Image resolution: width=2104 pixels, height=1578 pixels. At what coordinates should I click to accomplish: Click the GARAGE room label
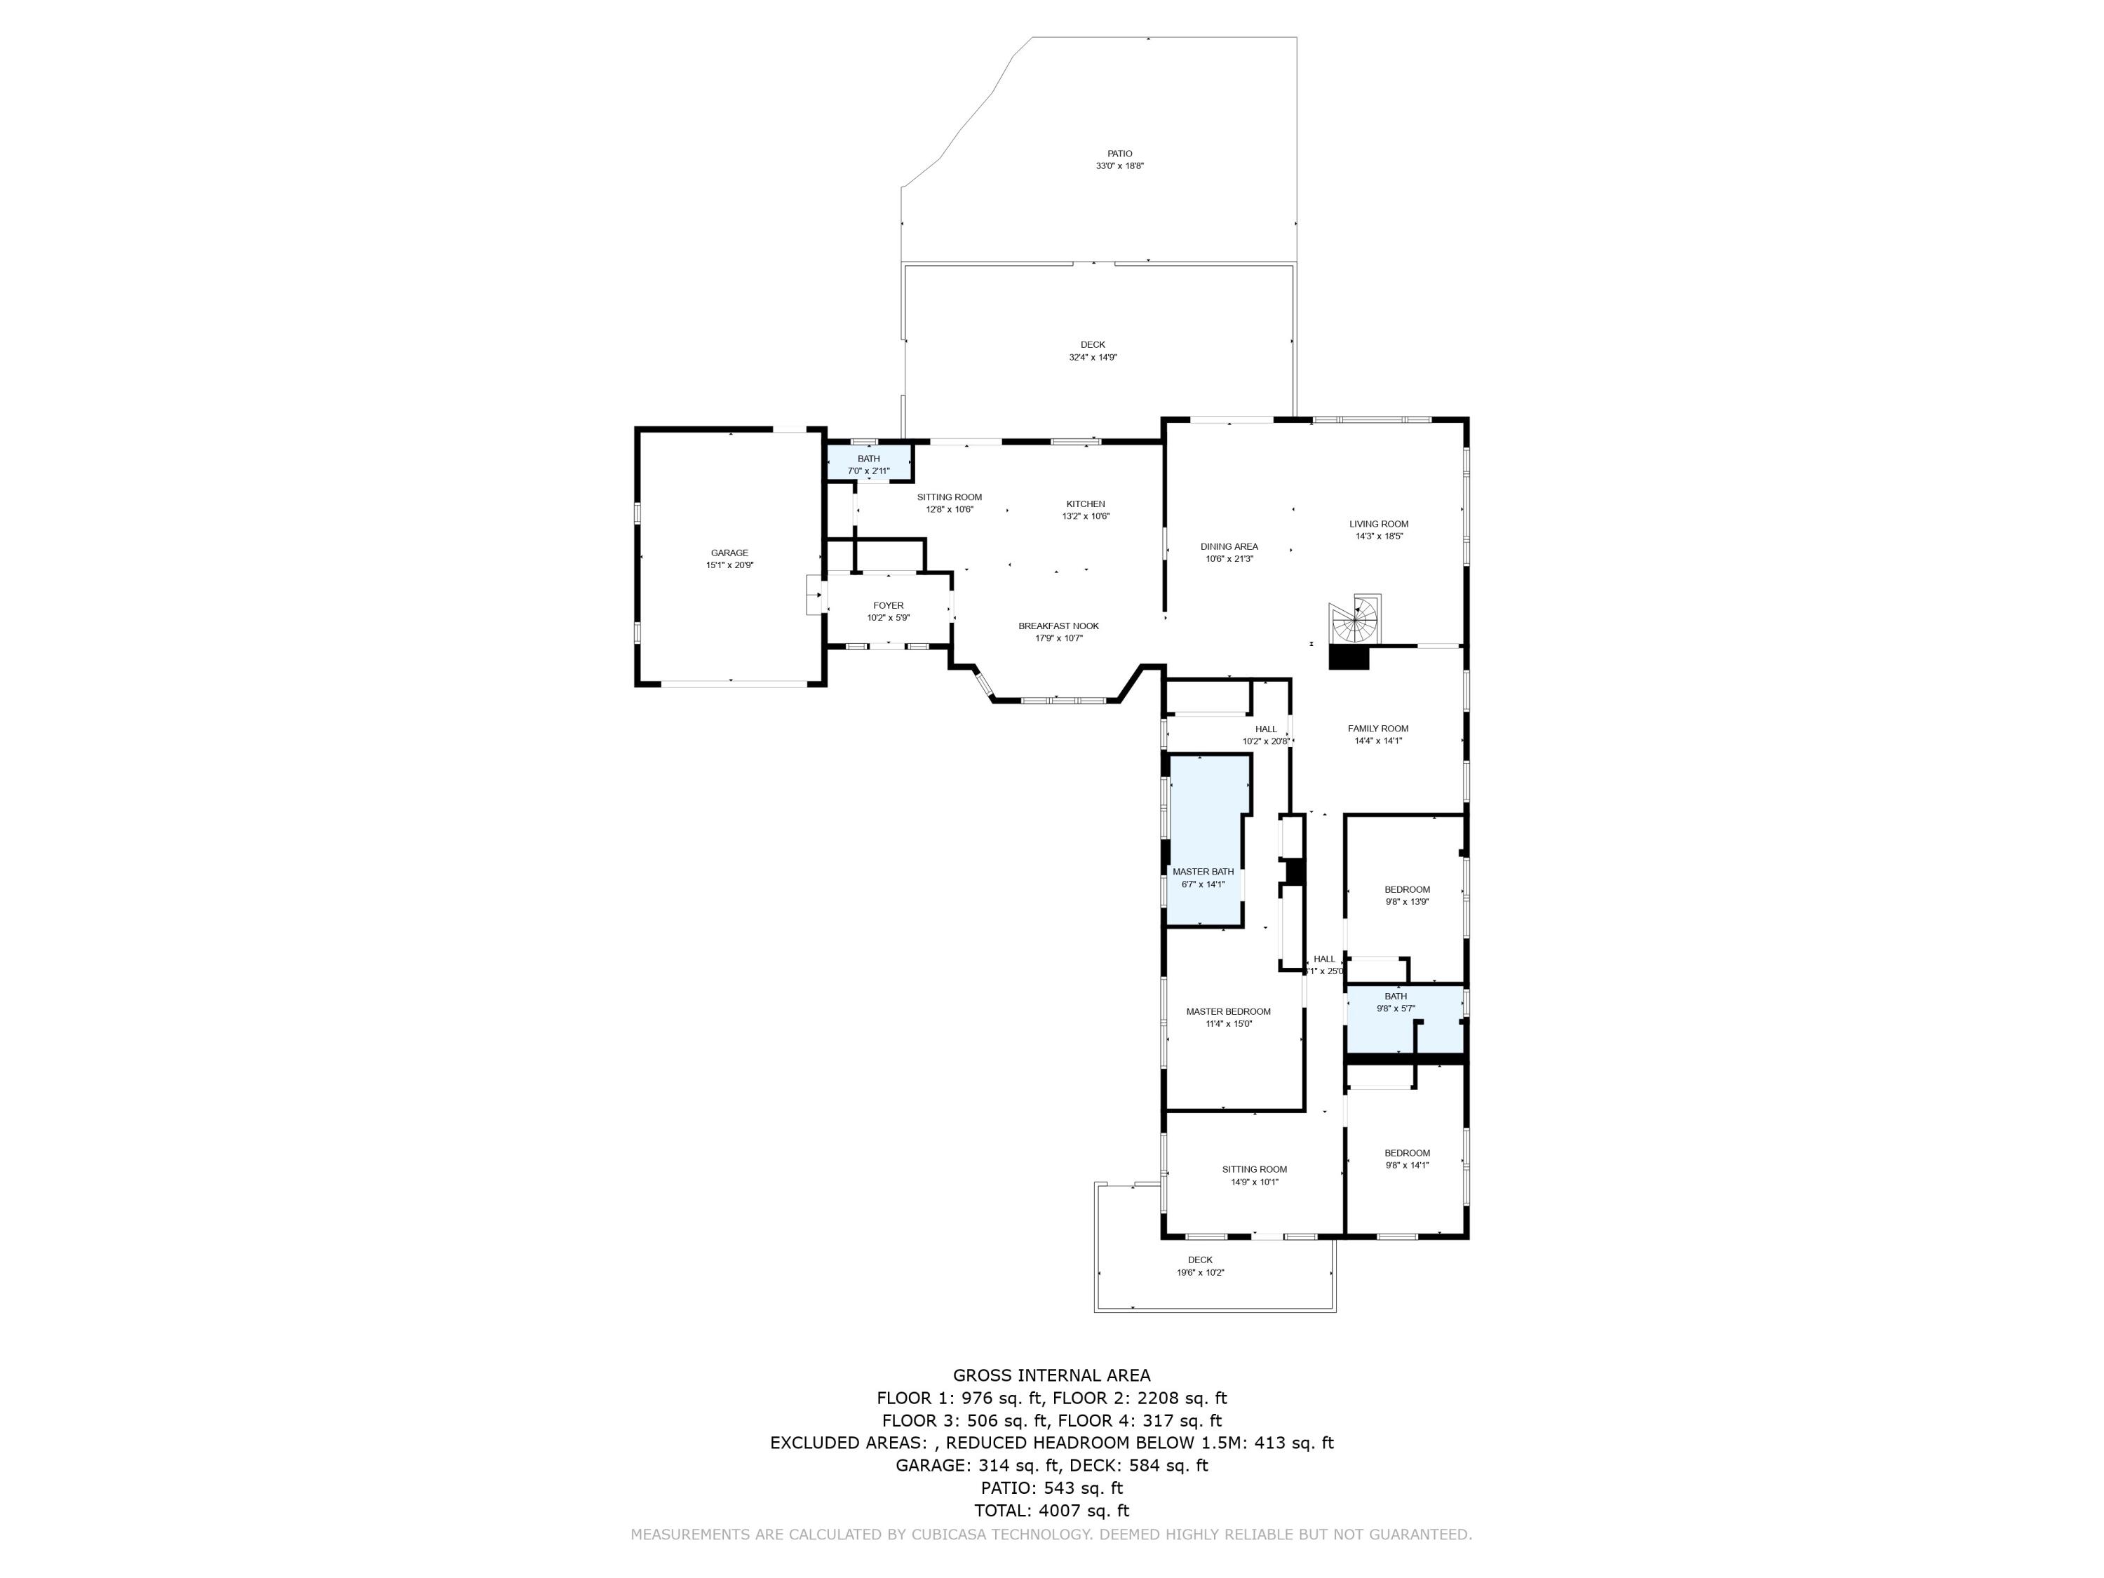point(729,553)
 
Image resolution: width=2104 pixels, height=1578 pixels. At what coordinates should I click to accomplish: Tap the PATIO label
point(1119,153)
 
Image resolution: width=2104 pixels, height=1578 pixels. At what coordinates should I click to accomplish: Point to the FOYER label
point(889,605)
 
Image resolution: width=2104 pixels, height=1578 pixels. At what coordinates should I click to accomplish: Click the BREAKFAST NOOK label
point(1058,626)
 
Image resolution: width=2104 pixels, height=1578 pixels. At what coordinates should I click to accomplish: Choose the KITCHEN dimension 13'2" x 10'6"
point(1085,516)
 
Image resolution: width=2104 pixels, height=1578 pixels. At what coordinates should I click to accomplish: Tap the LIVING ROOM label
point(1378,524)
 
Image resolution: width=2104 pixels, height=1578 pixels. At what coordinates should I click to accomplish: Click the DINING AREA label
point(1229,547)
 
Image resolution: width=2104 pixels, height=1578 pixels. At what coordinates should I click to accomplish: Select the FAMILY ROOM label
point(1377,729)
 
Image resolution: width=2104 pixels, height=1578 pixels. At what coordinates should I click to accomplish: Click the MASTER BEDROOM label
point(1228,1011)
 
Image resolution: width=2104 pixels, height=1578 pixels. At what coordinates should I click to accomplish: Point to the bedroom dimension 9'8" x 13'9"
point(1407,902)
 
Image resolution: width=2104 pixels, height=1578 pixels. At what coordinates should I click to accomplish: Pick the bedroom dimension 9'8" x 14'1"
point(1407,1165)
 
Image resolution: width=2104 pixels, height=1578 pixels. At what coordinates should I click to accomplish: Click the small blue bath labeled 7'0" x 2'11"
point(868,465)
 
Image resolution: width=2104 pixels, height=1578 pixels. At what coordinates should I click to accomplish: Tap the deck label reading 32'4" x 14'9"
point(1092,358)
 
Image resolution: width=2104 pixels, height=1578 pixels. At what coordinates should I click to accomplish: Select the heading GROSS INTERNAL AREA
point(1051,1375)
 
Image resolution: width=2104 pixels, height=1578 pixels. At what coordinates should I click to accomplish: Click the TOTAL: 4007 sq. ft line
point(1051,1509)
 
